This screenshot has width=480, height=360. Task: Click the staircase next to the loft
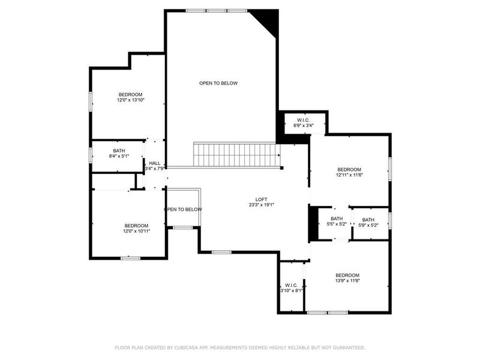pyautogui.click(x=235, y=155)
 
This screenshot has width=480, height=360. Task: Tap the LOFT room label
pyautogui.click(x=261, y=199)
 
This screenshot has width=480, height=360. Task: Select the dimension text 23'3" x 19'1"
pyautogui.click(x=261, y=205)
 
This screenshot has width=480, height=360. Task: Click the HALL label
pyautogui.click(x=155, y=163)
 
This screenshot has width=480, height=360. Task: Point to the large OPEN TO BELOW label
pyautogui.click(x=218, y=83)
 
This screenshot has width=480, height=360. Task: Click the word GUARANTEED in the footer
pyautogui.click(x=347, y=347)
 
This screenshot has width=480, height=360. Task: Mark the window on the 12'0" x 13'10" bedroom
pyautogui.click(x=91, y=101)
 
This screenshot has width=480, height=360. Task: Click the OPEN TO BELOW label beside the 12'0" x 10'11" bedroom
pyautogui.click(x=183, y=209)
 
